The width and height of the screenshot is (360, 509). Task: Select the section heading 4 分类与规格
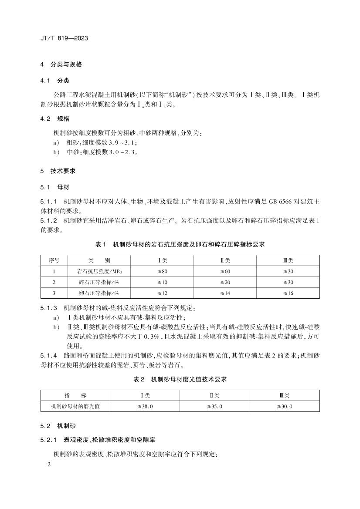pyautogui.click(x=61, y=64)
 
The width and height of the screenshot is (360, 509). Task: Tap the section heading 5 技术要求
pyautogui.click(x=58, y=171)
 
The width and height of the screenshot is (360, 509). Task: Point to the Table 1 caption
pyautogui.click(x=180, y=244)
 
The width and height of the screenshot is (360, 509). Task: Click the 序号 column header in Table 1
pyautogui.click(x=54, y=260)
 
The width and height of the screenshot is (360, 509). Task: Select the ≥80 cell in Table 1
pyautogui.click(x=162, y=271)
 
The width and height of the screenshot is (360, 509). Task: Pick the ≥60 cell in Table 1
pyautogui.click(x=225, y=271)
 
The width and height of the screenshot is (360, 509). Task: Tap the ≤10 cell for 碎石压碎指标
pyautogui.click(x=162, y=282)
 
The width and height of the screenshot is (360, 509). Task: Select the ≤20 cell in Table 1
pyautogui.click(x=225, y=282)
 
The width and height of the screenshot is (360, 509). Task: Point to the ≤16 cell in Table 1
pyautogui.click(x=288, y=293)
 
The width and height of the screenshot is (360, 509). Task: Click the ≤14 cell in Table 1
pyautogui.click(x=225, y=293)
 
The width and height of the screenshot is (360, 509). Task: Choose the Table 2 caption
pyautogui.click(x=180, y=380)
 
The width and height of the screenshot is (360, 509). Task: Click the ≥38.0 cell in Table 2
pyautogui.click(x=145, y=406)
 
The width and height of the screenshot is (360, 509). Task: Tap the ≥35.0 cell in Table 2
pyautogui.click(x=214, y=406)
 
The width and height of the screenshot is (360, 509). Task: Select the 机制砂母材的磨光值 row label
pyautogui.click(x=75, y=406)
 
